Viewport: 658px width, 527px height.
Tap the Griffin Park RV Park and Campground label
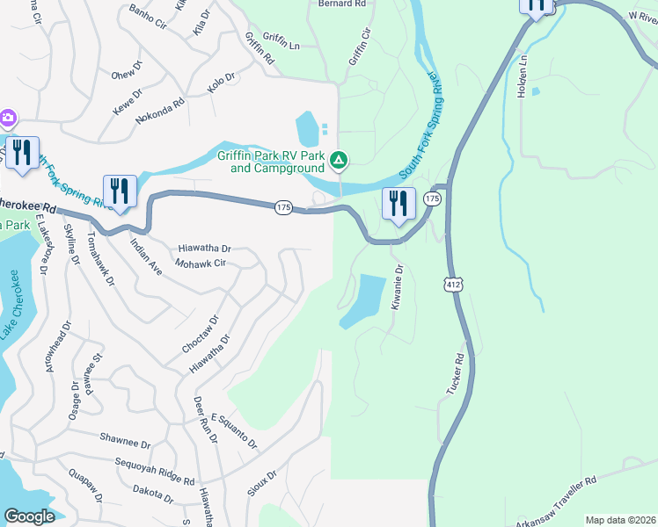tap(272, 162)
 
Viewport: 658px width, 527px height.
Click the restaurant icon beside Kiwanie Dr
tap(398, 204)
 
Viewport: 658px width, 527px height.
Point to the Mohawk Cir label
tap(201, 263)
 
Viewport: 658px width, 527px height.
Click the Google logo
tap(29, 516)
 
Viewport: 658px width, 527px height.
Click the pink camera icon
tap(7, 118)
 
